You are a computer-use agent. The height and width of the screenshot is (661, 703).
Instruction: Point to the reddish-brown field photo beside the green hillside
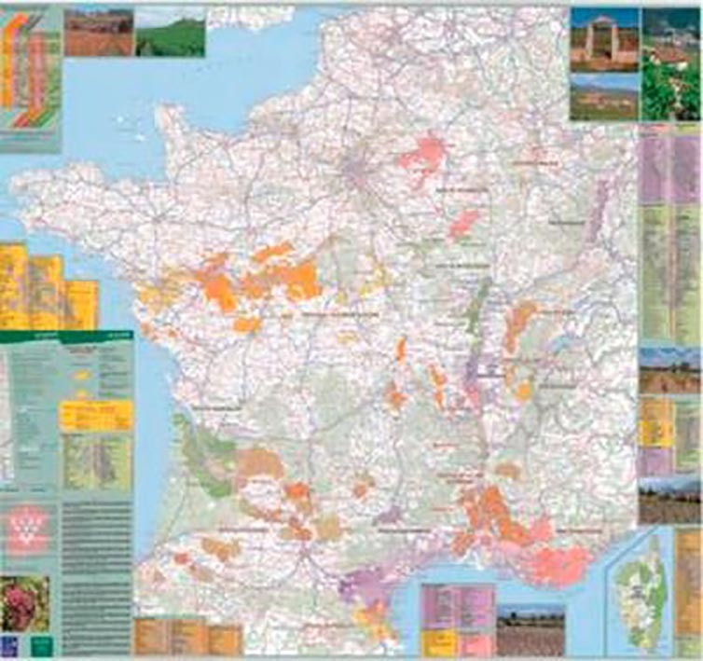click(x=98, y=32)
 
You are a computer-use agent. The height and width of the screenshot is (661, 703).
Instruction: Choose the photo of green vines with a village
click(x=670, y=63)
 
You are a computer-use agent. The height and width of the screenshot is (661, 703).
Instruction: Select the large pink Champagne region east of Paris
click(x=424, y=154)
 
